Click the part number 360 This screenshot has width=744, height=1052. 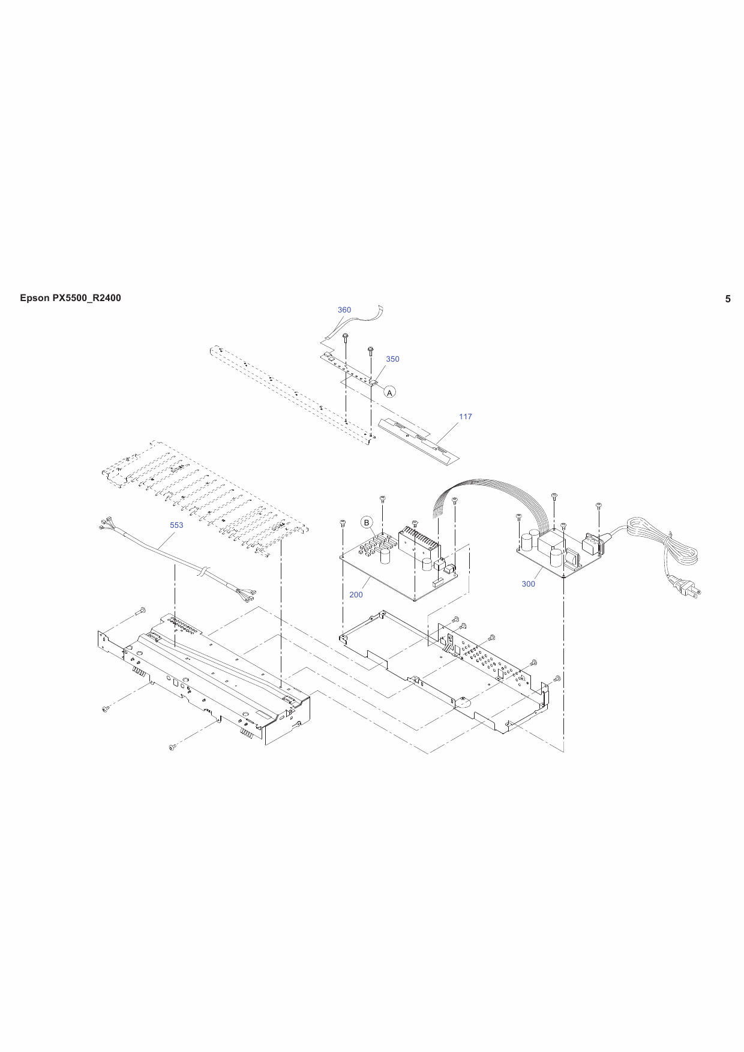pyautogui.click(x=344, y=310)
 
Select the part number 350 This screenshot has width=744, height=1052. pyautogui.click(x=392, y=359)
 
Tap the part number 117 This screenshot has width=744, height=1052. pyautogui.click(x=466, y=417)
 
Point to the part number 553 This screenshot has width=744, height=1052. pyautogui.click(x=176, y=525)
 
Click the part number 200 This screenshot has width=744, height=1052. pyautogui.click(x=356, y=595)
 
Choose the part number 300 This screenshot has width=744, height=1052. pyautogui.click(x=528, y=584)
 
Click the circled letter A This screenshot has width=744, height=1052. pyautogui.click(x=390, y=393)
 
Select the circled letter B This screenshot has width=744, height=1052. pyautogui.click(x=367, y=522)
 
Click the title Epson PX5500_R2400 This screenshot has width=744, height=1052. pyautogui.click(x=70, y=298)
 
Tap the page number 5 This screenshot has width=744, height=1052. pyautogui.click(x=728, y=299)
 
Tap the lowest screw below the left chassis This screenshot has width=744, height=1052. pyautogui.click(x=172, y=747)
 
